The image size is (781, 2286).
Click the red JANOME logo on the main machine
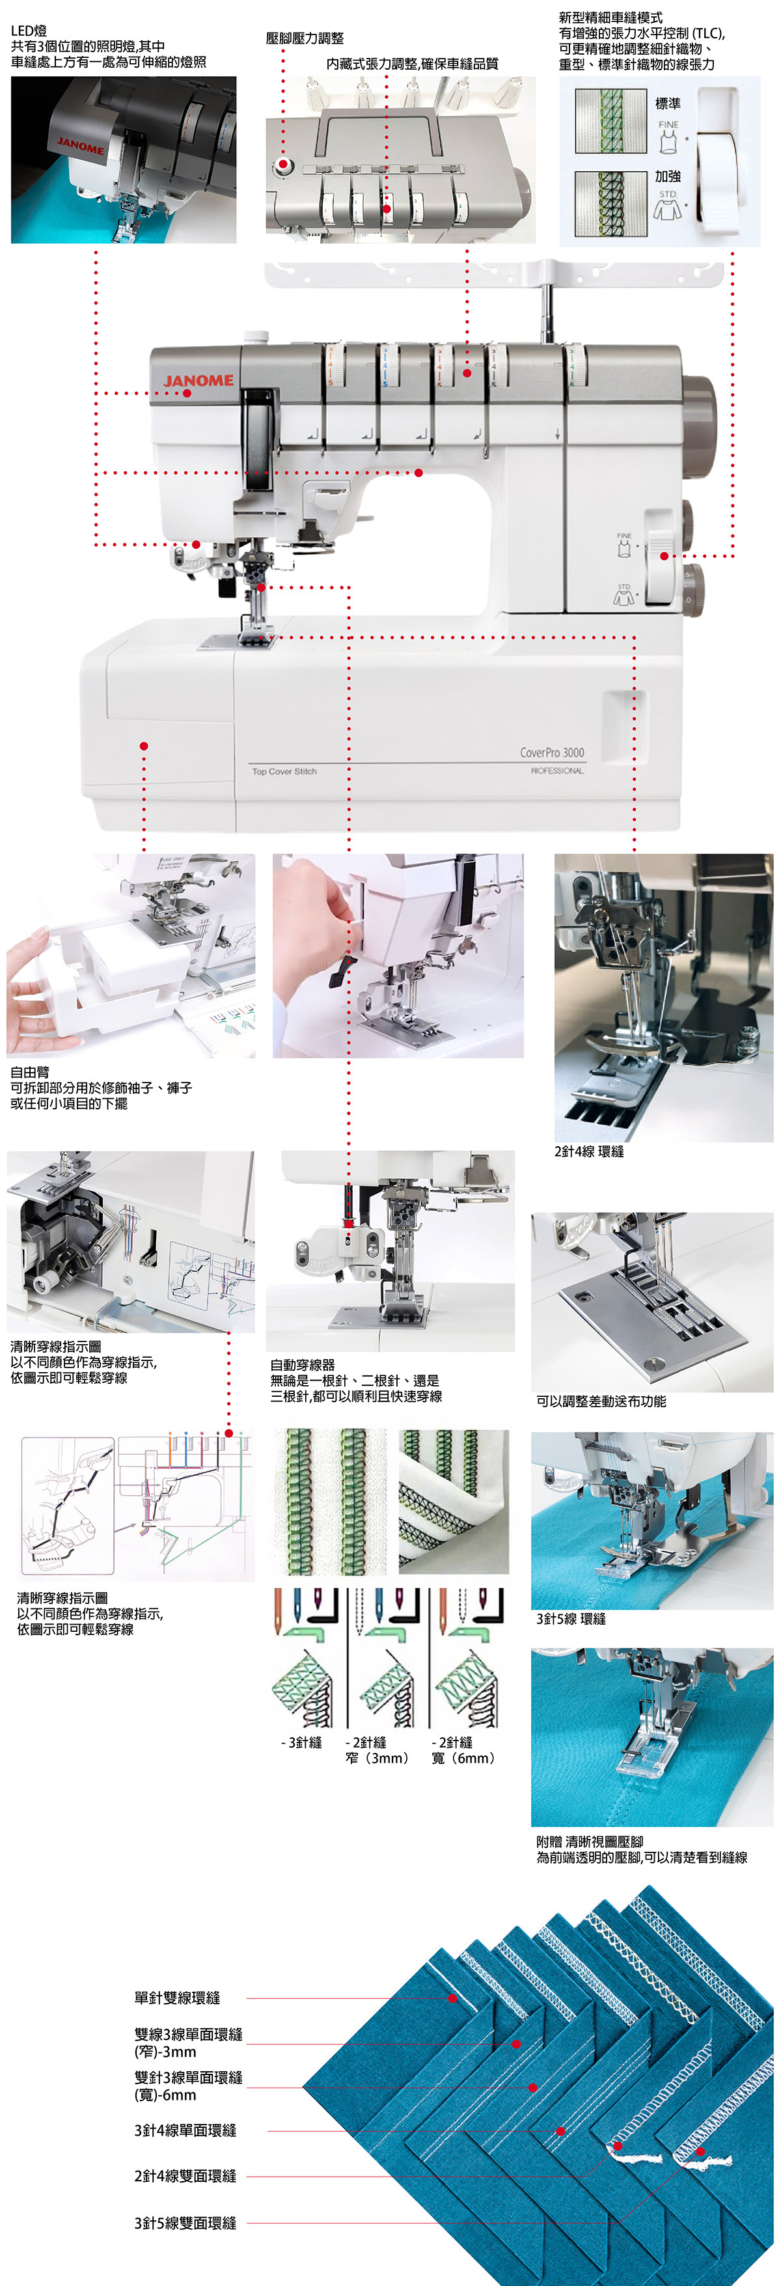pyautogui.click(x=199, y=381)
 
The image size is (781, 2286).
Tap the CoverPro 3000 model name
pyautogui.click(x=552, y=752)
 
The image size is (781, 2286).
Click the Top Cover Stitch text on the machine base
pyautogui.click(x=284, y=771)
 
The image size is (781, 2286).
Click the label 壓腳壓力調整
pyautogui.click(x=305, y=38)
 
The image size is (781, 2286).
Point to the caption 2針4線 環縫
pyautogui.click(x=589, y=1151)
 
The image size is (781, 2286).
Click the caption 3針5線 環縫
pyautogui.click(x=571, y=1619)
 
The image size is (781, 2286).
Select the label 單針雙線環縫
pyautogui.click(x=178, y=1998)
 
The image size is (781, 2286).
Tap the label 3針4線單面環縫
pyautogui.click(x=185, y=2130)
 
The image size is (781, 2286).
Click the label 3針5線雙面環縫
pyautogui.click(x=185, y=2223)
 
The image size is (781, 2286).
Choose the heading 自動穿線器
pyautogui.click(x=303, y=1365)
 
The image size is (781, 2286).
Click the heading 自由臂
pyautogui.click(x=30, y=1072)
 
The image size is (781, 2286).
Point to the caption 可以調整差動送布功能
pyautogui.click(x=601, y=1401)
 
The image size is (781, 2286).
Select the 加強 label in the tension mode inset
pyautogui.click(x=668, y=176)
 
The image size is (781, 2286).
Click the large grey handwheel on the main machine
pyautogui.click(x=700, y=424)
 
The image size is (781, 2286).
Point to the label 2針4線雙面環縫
pyautogui.click(x=185, y=2176)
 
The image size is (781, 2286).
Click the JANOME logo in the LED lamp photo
pyautogui.click(x=81, y=145)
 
